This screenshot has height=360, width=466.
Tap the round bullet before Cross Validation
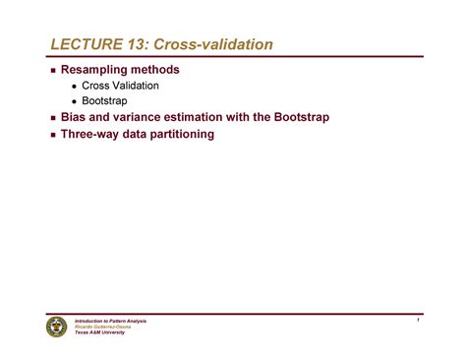tap(75, 88)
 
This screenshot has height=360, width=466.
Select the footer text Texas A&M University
tap(102, 332)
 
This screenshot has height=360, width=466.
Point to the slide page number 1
tap(418, 321)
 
